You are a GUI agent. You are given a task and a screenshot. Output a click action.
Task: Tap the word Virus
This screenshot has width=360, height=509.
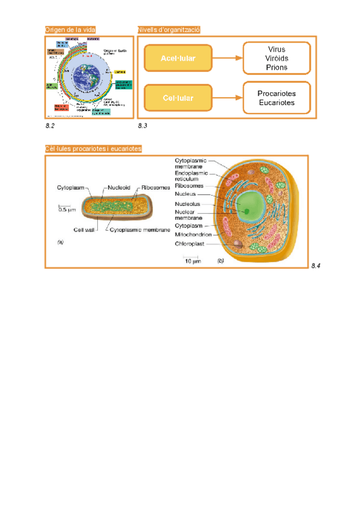coord(277,49)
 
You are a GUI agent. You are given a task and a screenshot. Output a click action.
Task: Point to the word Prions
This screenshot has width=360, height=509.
coord(277,67)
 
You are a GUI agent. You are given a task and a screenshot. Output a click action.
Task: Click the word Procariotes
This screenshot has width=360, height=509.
coord(277,94)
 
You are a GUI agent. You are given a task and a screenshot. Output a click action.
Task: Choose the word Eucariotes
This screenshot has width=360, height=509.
coord(277,103)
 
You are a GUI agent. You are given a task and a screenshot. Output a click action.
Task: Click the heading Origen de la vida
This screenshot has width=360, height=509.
coord(70,29)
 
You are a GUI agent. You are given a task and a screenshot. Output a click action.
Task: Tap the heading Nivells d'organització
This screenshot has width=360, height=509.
coord(169,29)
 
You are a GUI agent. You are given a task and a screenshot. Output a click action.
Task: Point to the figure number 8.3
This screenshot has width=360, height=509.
coord(142,126)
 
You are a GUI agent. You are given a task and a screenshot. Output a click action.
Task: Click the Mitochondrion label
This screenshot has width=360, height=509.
coord(193,235)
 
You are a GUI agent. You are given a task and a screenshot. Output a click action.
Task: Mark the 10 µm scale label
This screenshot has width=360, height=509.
coord(191,261)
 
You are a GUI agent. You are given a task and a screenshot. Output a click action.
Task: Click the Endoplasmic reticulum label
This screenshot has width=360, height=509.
coord(191,176)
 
